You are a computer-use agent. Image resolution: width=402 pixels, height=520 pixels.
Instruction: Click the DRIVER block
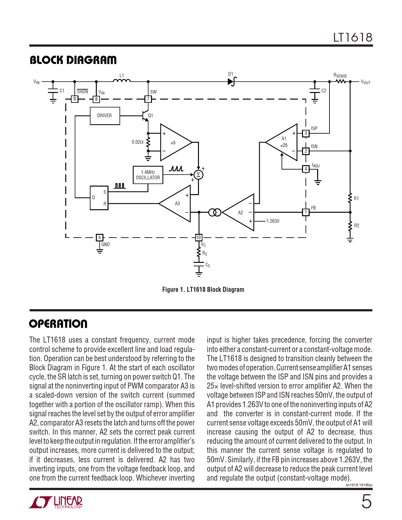click(105, 116)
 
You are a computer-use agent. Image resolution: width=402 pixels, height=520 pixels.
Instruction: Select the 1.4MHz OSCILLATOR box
click(148, 175)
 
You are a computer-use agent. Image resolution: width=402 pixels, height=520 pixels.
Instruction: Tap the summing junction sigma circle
click(198, 175)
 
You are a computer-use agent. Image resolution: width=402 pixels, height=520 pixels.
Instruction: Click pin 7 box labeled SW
click(148, 99)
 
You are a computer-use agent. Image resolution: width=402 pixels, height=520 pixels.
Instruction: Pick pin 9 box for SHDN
click(74, 99)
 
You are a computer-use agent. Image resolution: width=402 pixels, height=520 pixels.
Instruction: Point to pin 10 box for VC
click(198, 237)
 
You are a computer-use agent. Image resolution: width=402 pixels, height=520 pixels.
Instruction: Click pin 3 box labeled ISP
click(306, 133)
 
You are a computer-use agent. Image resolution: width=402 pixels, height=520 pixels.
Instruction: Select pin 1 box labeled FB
click(306, 212)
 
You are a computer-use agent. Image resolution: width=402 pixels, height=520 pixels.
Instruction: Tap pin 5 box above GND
click(99, 237)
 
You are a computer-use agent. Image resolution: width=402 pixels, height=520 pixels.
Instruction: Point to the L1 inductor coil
click(122, 81)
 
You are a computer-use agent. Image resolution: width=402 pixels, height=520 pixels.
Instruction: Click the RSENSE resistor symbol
click(341, 81)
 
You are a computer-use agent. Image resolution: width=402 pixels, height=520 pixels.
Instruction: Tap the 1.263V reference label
click(273, 221)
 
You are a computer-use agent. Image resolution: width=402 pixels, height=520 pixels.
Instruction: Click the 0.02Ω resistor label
click(137, 142)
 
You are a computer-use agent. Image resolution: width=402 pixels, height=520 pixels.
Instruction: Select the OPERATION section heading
click(58, 324)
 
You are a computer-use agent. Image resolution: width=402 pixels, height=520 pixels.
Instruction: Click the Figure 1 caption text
click(203, 289)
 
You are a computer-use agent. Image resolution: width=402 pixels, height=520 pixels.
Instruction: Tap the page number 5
click(366, 501)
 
